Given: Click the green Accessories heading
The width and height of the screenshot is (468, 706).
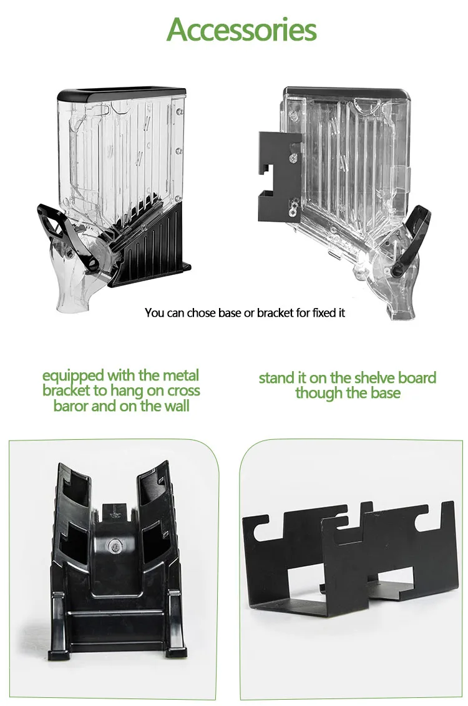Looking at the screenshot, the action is click(241, 30).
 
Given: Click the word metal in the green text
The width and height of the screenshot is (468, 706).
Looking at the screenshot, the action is click(180, 375).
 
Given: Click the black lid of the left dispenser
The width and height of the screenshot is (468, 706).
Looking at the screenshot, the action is click(122, 94).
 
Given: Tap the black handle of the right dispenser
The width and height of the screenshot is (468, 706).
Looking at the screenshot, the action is click(411, 239).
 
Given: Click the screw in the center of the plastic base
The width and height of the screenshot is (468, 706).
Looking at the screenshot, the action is click(115, 547).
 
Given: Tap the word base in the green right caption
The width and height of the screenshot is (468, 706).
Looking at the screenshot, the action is click(385, 392).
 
